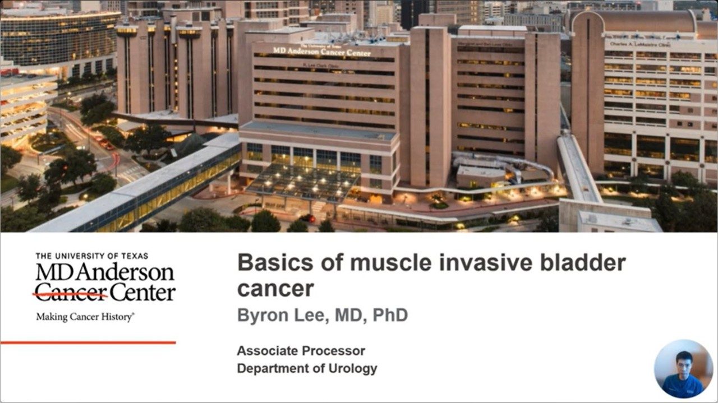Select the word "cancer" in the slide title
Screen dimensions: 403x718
275,289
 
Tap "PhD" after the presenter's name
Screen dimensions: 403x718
388,315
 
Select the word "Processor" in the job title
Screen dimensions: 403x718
334,351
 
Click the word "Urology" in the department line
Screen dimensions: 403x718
353,369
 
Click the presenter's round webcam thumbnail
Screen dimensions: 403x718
683,369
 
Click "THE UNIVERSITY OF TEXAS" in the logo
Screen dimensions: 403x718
92,256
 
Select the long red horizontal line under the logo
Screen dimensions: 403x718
88,342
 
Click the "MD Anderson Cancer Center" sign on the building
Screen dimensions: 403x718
321,52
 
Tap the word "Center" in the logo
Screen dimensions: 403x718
142,292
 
